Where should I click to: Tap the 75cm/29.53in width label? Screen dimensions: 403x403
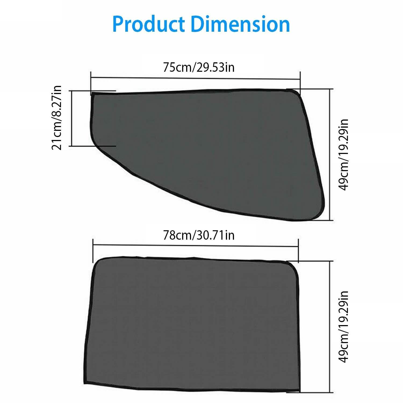(x=199, y=67)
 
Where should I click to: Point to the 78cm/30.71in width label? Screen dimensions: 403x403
(x=199, y=235)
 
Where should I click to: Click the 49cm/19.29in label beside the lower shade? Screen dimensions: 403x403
(x=344, y=326)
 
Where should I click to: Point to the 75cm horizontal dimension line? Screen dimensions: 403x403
(x=196, y=78)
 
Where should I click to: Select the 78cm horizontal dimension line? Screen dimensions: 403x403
(x=196, y=245)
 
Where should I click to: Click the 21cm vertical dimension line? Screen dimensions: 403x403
(x=72, y=118)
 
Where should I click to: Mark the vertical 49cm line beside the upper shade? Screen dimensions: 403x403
(x=329, y=154)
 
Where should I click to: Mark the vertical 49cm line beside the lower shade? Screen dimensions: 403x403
(x=329, y=326)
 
